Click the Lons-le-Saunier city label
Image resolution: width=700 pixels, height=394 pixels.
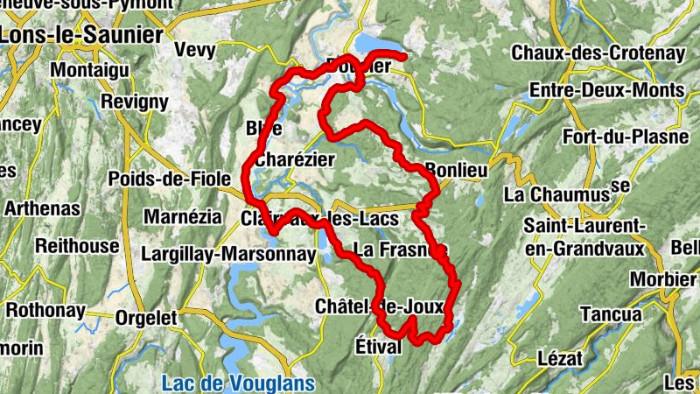[82, 35]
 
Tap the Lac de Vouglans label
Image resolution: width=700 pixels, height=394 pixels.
[226, 382]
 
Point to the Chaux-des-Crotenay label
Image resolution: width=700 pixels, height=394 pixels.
[598, 53]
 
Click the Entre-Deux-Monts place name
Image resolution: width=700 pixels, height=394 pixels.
[606, 91]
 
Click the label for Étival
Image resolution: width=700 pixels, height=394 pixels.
[378, 346]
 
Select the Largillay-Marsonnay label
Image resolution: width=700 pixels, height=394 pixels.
[227, 254]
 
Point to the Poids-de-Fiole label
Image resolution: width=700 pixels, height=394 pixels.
[164, 179]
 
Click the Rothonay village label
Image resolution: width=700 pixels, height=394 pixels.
[45, 310]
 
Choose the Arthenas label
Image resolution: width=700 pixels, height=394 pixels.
[42, 209]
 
